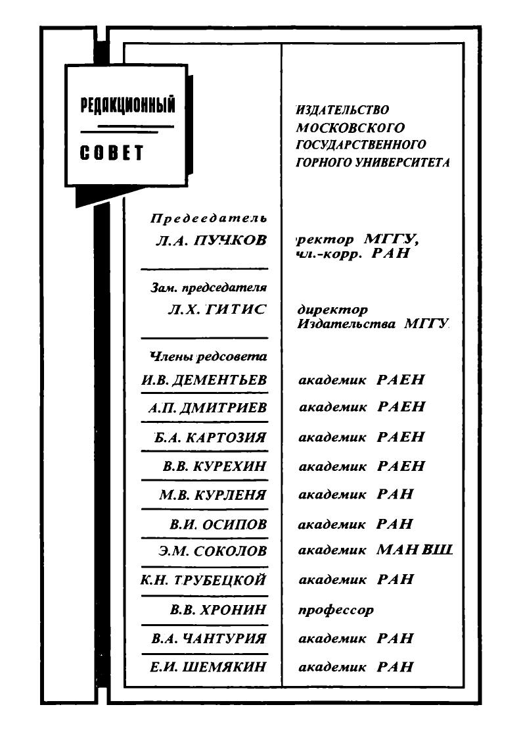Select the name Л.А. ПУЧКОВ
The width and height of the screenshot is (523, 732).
point(211,241)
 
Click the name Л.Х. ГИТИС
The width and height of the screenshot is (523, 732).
point(217,310)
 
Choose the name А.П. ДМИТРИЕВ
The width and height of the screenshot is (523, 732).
point(207,408)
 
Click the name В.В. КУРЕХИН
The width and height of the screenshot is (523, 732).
point(214,466)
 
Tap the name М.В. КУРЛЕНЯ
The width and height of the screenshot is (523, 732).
point(213,495)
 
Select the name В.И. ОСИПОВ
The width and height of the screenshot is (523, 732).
point(218,524)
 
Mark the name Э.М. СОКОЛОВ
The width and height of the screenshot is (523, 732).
point(212,551)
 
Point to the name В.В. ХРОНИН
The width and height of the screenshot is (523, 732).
point(217,610)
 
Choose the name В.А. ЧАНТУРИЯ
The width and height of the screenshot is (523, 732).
point(208,639)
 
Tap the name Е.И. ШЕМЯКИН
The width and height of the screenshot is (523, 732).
point(208,667)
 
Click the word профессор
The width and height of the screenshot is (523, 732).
point(336,610)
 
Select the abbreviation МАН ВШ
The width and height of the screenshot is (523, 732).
point(415,550)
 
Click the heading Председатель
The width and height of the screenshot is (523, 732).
point(209,218)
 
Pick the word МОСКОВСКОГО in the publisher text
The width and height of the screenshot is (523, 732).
point(350,127)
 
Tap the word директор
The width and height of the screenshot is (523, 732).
point(332,309)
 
